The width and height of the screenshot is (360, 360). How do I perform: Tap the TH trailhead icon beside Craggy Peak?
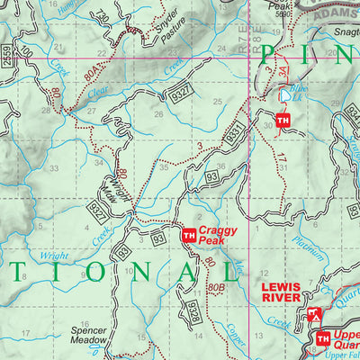pos(188,236)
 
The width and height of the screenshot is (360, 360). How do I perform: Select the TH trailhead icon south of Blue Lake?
pos(283,121)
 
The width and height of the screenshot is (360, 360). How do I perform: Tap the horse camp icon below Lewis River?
pos(313,315)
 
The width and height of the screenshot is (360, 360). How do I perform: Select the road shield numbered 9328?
pos(193,311)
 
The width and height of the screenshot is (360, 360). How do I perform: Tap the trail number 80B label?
pos(214,287)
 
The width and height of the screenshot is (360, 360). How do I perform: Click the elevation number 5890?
pos(283,14)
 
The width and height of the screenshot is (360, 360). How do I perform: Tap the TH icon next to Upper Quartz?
pos(322,338)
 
